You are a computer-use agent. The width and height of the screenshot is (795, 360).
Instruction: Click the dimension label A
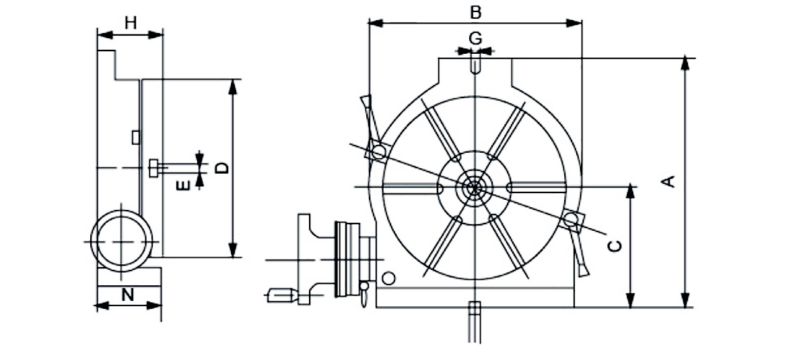(x=669, y=181)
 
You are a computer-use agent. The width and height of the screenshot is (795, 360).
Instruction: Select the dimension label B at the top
(x=475, y=11)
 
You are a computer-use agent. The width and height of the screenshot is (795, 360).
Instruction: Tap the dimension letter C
(x=613, y=246)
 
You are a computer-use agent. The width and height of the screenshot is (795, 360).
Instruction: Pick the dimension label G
(x=475, y=38)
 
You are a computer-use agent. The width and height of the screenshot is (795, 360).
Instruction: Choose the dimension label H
(x=131, y=22)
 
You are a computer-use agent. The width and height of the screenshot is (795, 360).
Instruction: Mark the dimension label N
(x=128, y=294)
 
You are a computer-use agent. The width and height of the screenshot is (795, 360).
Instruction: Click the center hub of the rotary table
(x=475, y=186)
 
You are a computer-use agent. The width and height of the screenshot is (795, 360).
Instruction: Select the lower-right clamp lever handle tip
(x=582, y=270)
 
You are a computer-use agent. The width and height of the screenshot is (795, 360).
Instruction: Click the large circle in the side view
(x=121, y=240)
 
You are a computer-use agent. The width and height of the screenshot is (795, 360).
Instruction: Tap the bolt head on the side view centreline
(x=154, y=168)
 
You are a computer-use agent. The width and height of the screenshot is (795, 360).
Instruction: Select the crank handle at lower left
(x=281, y=295)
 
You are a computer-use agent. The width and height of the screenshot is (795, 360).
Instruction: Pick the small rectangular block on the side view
(x=135, y=137)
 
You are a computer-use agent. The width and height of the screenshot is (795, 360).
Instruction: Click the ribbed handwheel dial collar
(x=347, y=258)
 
